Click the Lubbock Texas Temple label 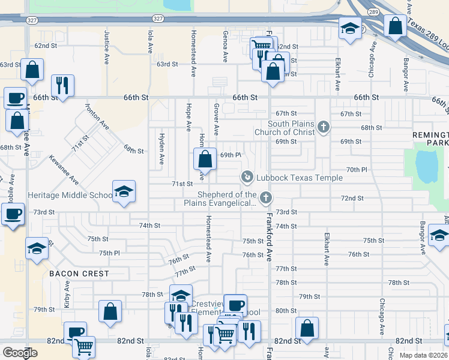(x=300, y=178)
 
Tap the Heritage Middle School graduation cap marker (x=124, y=192)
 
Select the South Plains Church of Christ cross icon (x=324, y=127)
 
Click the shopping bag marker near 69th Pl (x=205, y=160)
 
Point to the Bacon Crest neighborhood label (x=79, y=274)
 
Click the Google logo (x=20, y=353)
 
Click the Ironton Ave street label (x=97, y=117)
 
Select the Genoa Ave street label (x=225, y=47)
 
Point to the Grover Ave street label (x=215, y=118)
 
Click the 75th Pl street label (x=110, y=253)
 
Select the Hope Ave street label (x=188, y=117)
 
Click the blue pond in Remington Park (x=427, y=165)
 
